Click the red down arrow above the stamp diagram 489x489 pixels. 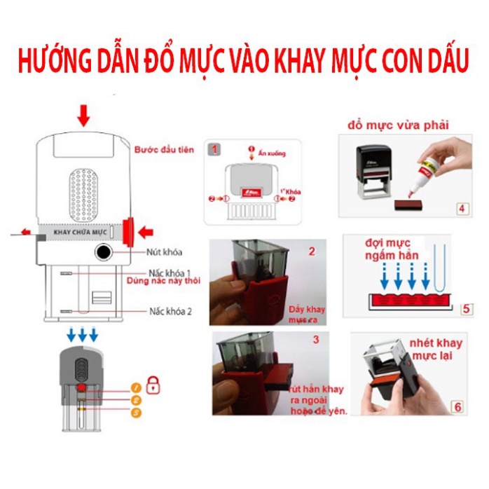click(x=84, y=115)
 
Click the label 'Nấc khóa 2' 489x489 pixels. click(x=170, y=310)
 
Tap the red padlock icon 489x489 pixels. click(x=153, y=385)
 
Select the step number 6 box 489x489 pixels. click(x=457, y=406)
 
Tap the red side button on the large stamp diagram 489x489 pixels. click(x=128, y=230)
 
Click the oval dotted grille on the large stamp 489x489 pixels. click(x=83, y=193)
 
